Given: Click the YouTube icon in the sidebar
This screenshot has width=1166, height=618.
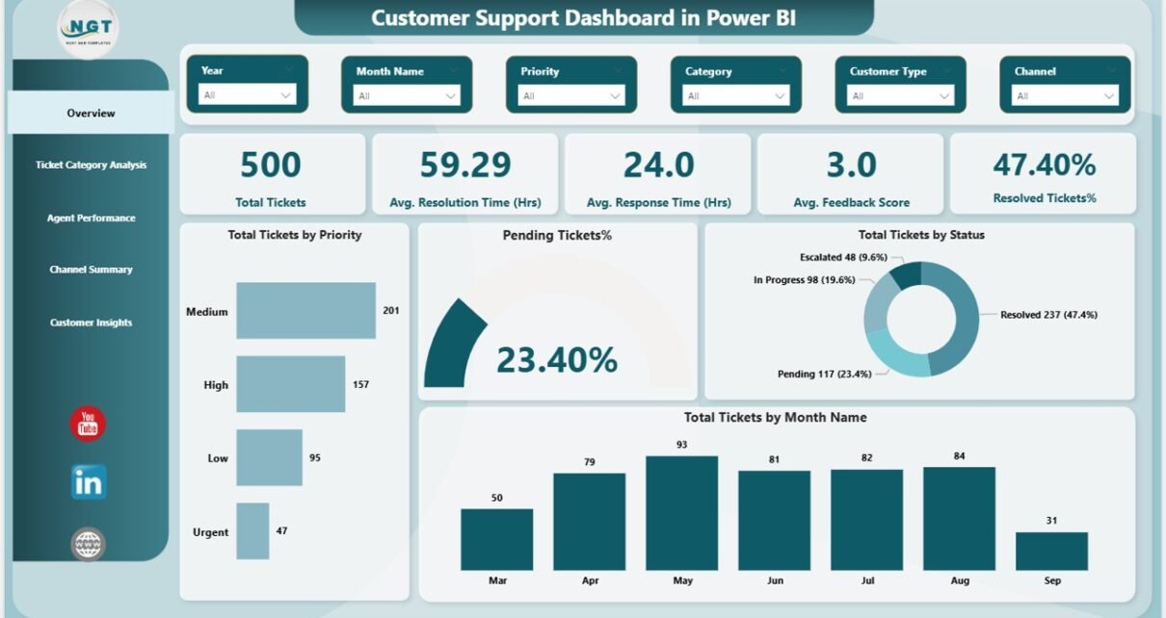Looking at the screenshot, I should pos(88,424).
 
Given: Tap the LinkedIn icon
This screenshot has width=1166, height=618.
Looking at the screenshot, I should pos(88,482).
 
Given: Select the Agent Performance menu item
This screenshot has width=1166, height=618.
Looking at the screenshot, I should pos(91,219).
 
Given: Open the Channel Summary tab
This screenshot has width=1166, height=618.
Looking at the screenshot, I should pos(91,270).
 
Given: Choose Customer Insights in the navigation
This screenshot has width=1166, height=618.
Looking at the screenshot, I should pos(91,322).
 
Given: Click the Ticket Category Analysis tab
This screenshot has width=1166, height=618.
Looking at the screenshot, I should pos(91,166).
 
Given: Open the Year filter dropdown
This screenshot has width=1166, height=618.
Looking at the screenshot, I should pos(248,95).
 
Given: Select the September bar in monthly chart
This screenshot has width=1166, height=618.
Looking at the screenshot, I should pos(1051,551).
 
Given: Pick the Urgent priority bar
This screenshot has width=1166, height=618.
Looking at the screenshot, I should pos(252,530).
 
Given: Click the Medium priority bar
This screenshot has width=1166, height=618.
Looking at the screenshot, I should pos(305,310).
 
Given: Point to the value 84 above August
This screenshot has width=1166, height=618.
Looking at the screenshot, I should pos(959,455).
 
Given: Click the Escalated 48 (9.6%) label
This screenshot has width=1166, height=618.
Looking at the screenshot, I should pos(843,258).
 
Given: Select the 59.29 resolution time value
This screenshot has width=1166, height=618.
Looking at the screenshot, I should pos(465,166).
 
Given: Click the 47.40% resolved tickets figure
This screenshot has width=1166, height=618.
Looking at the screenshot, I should pos(1044,165).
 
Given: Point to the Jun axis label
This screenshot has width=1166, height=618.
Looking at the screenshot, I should pos(774,580).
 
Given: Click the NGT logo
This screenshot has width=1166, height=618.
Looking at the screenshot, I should pos(88,30).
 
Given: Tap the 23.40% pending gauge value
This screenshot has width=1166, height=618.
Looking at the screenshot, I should pos(556,360).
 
